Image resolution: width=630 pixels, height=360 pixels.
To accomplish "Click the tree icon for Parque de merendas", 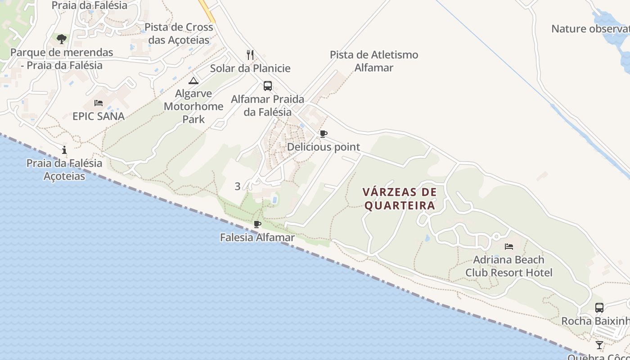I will click(62, 39).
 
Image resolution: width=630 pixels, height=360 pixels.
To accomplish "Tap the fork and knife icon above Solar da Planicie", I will click(250, 55).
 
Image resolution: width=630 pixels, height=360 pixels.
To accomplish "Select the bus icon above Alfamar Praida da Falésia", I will click(268, 85).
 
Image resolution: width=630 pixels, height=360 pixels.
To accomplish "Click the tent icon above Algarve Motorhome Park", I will click(193, 81).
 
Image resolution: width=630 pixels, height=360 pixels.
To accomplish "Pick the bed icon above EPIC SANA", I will click(99, 103).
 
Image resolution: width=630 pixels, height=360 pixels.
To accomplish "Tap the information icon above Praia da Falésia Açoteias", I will click(64, 150).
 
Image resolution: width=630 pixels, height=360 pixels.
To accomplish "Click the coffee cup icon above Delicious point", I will click(323, 134).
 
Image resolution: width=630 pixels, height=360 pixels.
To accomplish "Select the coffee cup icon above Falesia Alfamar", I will click(257, 224).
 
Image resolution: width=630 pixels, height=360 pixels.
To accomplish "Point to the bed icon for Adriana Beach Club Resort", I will click(509, 246).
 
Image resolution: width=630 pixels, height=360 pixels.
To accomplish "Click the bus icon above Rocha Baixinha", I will click(599, 308).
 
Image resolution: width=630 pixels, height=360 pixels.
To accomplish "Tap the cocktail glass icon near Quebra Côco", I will click(599, 345).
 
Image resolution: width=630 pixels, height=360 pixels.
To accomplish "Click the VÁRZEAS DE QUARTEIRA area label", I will click(400, 199).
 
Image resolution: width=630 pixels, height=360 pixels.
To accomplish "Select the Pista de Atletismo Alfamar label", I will click(374, 61).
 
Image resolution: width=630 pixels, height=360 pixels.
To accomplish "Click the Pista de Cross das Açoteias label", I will click(179, 33).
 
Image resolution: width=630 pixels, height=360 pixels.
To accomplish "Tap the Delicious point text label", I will click(324, 147).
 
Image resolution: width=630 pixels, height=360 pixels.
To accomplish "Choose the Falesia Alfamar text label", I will click(257, 237).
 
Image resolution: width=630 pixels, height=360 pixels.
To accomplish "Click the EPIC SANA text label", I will click(99, 116).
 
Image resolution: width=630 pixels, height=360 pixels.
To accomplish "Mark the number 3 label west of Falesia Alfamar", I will click(238, 186).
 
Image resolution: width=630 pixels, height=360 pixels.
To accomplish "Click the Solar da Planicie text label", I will click(250, 68).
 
